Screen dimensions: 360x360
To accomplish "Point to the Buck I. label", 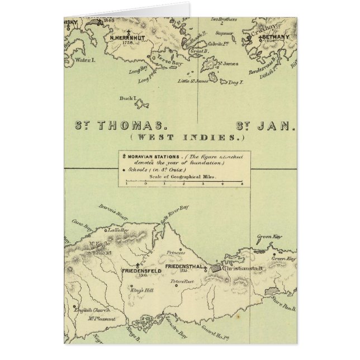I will [x=127, y=99].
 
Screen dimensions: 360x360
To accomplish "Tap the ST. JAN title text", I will [x=265, y=126].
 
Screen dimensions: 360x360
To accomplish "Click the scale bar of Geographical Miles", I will [x=184, y=182].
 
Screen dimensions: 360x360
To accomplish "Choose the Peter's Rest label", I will [x=182, y=281].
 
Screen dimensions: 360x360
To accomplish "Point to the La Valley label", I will [x=118, y=230].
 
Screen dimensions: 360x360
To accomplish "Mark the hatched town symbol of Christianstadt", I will [x=216, y=269].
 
